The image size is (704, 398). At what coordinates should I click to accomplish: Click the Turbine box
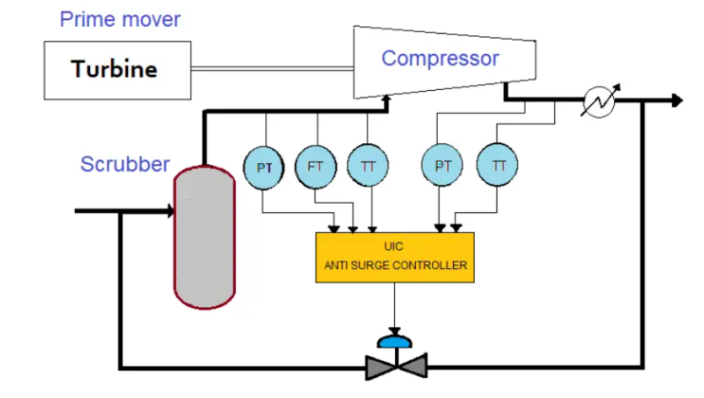click(x=115, y=69)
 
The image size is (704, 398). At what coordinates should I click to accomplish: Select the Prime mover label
click(x=119, y=19)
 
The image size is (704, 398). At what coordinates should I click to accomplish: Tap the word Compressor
click(x=440, y=59)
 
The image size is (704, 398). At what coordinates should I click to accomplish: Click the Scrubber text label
click(x=124, y=164)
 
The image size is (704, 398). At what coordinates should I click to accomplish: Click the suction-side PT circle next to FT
click(x=265, y=167)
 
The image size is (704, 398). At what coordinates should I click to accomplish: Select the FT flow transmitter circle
click(x=316, y=166)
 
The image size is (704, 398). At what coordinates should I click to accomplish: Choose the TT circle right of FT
click(x=368, y=166)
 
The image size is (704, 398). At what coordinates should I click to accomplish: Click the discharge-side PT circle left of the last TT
click(x=442, y=166)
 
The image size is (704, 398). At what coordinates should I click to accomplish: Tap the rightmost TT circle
click(x=498, y=166)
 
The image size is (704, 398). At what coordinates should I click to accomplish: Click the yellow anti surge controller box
click(x=394, y=256)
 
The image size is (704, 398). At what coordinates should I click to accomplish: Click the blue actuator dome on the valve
click(x=394, y=339)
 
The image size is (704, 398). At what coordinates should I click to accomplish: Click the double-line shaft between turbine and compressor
click(x=272, y=68)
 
